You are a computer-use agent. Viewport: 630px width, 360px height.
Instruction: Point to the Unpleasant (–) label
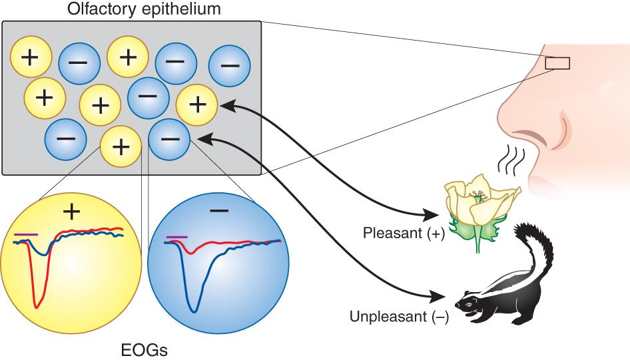(399, 315)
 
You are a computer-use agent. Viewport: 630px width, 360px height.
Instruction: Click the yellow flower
(478, 203)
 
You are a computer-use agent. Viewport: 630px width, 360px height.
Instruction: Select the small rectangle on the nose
(557, 63)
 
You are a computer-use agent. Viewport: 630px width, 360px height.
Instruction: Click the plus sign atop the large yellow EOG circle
(71, 212)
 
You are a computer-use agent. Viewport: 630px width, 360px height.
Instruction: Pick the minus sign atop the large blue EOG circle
(218, 211)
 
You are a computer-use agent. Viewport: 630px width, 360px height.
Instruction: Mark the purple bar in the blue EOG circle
(176, 236)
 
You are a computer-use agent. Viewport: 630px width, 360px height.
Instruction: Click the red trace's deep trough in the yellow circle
(37, 304)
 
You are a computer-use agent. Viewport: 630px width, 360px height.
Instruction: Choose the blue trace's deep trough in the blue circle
(193, 309)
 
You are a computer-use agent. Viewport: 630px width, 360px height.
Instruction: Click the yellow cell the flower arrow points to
(197, 104)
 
